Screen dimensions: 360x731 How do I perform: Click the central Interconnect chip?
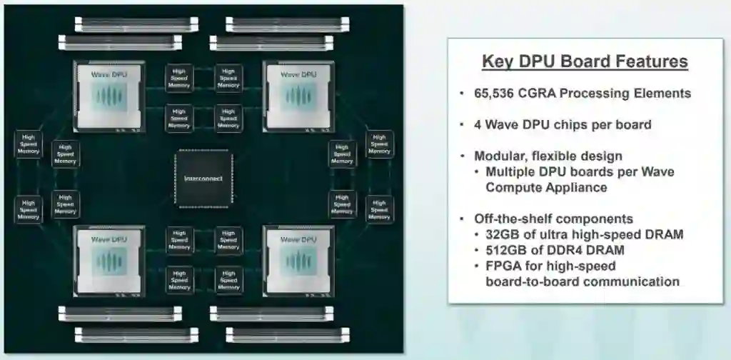(x=203, y=179)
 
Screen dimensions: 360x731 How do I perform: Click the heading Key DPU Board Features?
(x=585, y=61)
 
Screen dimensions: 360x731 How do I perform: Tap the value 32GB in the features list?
(x=503, y=234)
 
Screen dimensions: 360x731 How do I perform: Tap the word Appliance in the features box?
(x=568, y=187)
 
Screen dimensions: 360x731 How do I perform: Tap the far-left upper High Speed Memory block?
(x=29, y=144)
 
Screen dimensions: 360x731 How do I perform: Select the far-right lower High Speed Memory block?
(x=379, y=209)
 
